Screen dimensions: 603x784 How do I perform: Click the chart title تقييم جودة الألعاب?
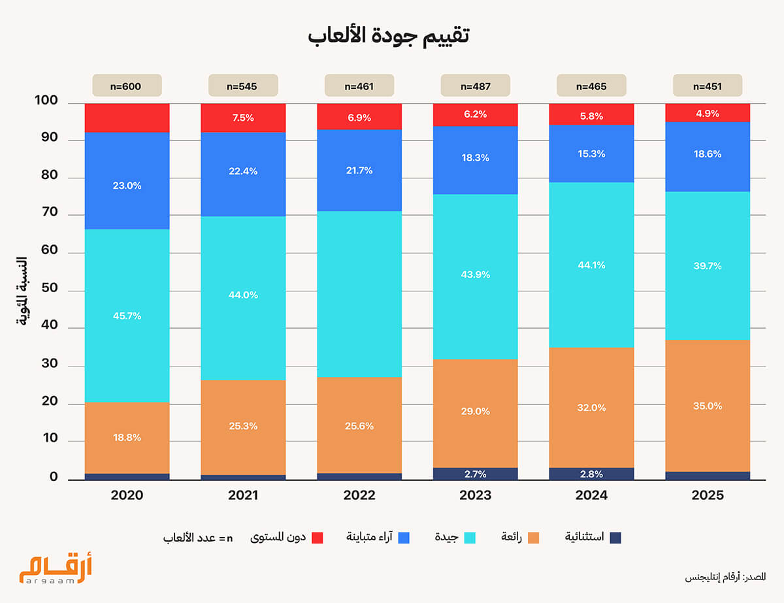389,36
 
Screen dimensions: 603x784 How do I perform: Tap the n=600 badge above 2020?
127,86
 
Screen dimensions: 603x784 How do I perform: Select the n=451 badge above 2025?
708,86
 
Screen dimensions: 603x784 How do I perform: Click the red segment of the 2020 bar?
127,118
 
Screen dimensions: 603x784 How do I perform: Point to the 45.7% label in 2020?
127,316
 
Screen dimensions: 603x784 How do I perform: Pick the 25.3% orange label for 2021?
243,426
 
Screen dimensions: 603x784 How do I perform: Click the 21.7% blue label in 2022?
359,171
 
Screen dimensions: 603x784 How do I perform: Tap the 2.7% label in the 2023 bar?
476,474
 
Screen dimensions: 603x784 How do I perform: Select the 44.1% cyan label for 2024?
592,265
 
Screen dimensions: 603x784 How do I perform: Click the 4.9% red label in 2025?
708,113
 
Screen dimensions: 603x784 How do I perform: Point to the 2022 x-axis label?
359,495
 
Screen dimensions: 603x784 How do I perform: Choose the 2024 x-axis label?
592,495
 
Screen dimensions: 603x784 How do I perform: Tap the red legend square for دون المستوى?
318,538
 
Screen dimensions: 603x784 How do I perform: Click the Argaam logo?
56,568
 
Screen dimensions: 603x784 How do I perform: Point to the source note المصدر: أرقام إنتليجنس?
725,578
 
